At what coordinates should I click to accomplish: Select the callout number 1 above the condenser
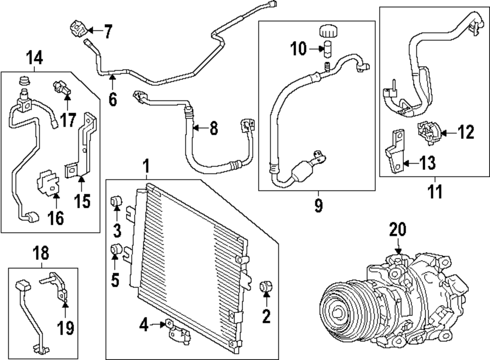tap(146, 167)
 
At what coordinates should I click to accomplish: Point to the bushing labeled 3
tap(117, 200)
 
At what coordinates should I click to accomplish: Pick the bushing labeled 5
tap(117, 250)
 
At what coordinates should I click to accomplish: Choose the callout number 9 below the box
tap(318, 206)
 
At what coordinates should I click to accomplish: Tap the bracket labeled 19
tap(58, 288)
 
